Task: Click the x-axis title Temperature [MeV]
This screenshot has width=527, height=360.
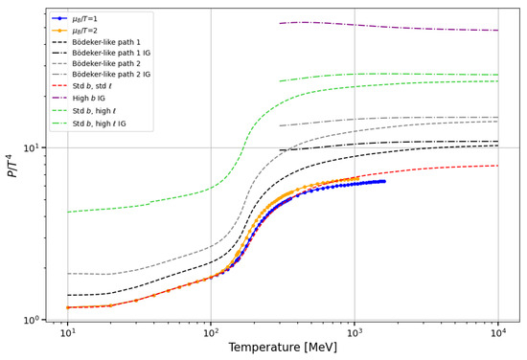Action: coord(283,347)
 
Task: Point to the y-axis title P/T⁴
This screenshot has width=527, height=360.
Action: coord(13,165)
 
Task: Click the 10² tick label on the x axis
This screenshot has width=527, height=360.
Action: coord(211,332)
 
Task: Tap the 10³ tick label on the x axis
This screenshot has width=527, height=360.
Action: coord(355,332)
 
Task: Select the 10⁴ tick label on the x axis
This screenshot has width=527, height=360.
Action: coord(498,332)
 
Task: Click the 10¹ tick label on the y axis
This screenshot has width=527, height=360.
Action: coord(32,147)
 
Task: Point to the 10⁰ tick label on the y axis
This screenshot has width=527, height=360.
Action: coord(32,320)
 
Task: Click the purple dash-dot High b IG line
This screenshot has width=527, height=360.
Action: coord(389,26)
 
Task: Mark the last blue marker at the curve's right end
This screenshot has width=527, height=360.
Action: coord(384,181)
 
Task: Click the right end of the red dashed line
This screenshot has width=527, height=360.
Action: coord(498,166)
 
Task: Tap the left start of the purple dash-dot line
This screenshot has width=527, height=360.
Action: coord(280,24)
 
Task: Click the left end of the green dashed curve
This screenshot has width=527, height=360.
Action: coord(68,212)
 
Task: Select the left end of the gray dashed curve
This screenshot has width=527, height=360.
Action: coord(68,274)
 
